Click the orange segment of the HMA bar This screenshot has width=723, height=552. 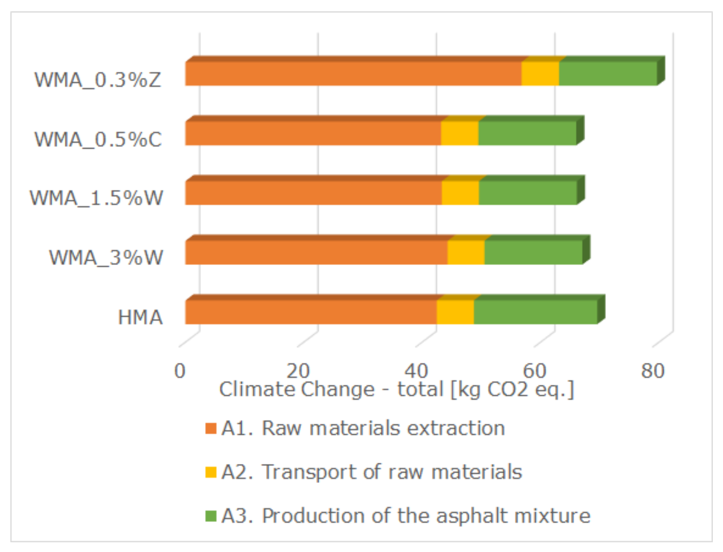(310, 312)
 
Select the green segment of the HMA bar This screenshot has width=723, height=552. (536, 312)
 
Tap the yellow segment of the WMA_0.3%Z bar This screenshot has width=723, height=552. (540, 74)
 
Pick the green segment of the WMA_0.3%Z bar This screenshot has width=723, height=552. (608, 74)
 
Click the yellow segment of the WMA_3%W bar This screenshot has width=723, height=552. (466, 253)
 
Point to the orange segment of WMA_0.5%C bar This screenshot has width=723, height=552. (312, 133)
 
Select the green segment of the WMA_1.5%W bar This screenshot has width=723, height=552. (528, 193)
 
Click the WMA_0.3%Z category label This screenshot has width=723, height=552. (98, 80)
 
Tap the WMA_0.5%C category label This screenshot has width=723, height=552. (98, 140)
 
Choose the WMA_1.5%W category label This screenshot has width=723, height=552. (96, 198)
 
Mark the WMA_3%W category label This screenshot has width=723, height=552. (106, 258)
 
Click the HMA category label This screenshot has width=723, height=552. (140, 317)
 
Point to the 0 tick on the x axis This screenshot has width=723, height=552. (180, 371)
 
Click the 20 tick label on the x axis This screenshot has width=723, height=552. (298, 371)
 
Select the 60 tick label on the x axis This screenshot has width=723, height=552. (534, 371)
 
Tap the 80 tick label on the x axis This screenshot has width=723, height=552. (652, 371)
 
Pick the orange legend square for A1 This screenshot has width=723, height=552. (211, 428)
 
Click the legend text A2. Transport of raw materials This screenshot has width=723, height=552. (371, 472)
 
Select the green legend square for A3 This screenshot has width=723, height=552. (211, 516)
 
